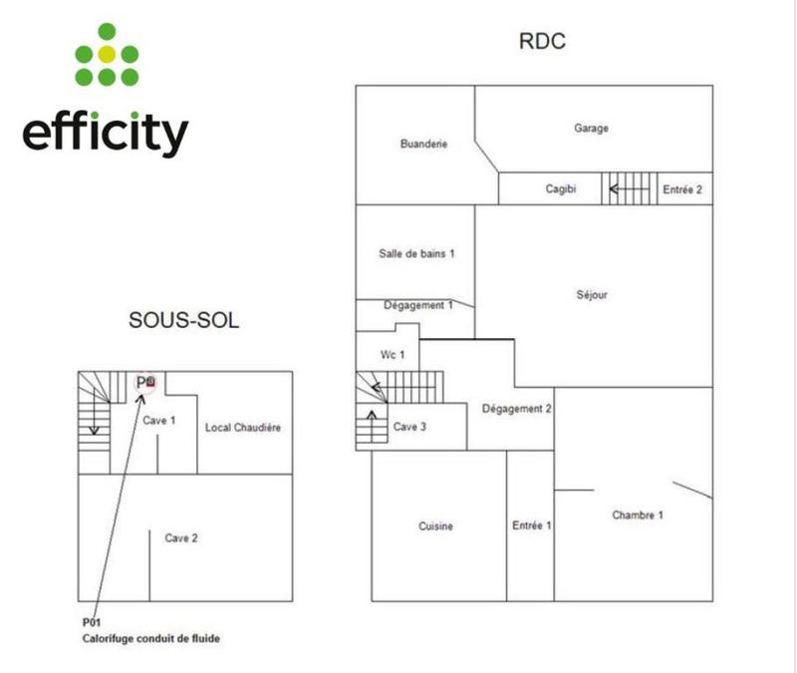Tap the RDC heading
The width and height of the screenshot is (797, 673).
pyautogui.click(x=542, y=42)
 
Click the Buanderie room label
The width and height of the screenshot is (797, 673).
pyautogui.click(x=423, y=144)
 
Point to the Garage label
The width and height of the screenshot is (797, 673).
pyautogui.click(x=591, y=128)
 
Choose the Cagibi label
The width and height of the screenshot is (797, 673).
pyautogui.click(x=561, y=188)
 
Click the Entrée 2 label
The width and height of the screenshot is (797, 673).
pyautogui.click(x=683, y=188)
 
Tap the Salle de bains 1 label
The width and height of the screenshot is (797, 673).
pyautogui.click(x=416, y=253)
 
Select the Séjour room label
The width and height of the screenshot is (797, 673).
pyautogui.click(x=592, y=295)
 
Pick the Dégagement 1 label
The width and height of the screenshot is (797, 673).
pyautogui.click(x=418, y=305)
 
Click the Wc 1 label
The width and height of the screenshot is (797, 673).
pyautogui.click(x=394, y=355)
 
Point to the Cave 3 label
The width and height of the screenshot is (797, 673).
pyautogui.click(x=409, y=427)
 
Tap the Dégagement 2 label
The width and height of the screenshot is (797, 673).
pyautogui.click(x=516, y=409)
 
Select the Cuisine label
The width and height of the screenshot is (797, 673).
pyautogui.click(x=436, y=526)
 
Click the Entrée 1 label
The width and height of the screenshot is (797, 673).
pyautogui.click(x=532, y=526)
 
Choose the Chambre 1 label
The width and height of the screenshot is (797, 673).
pyautogui.click(x=638, y=515)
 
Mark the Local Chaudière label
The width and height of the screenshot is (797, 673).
pyautogui.click(x=243, y=428)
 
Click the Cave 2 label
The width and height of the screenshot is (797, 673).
pyautogui.click(x=181, y=538)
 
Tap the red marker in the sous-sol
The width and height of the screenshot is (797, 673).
pyautogui.click(x=150, y=381)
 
